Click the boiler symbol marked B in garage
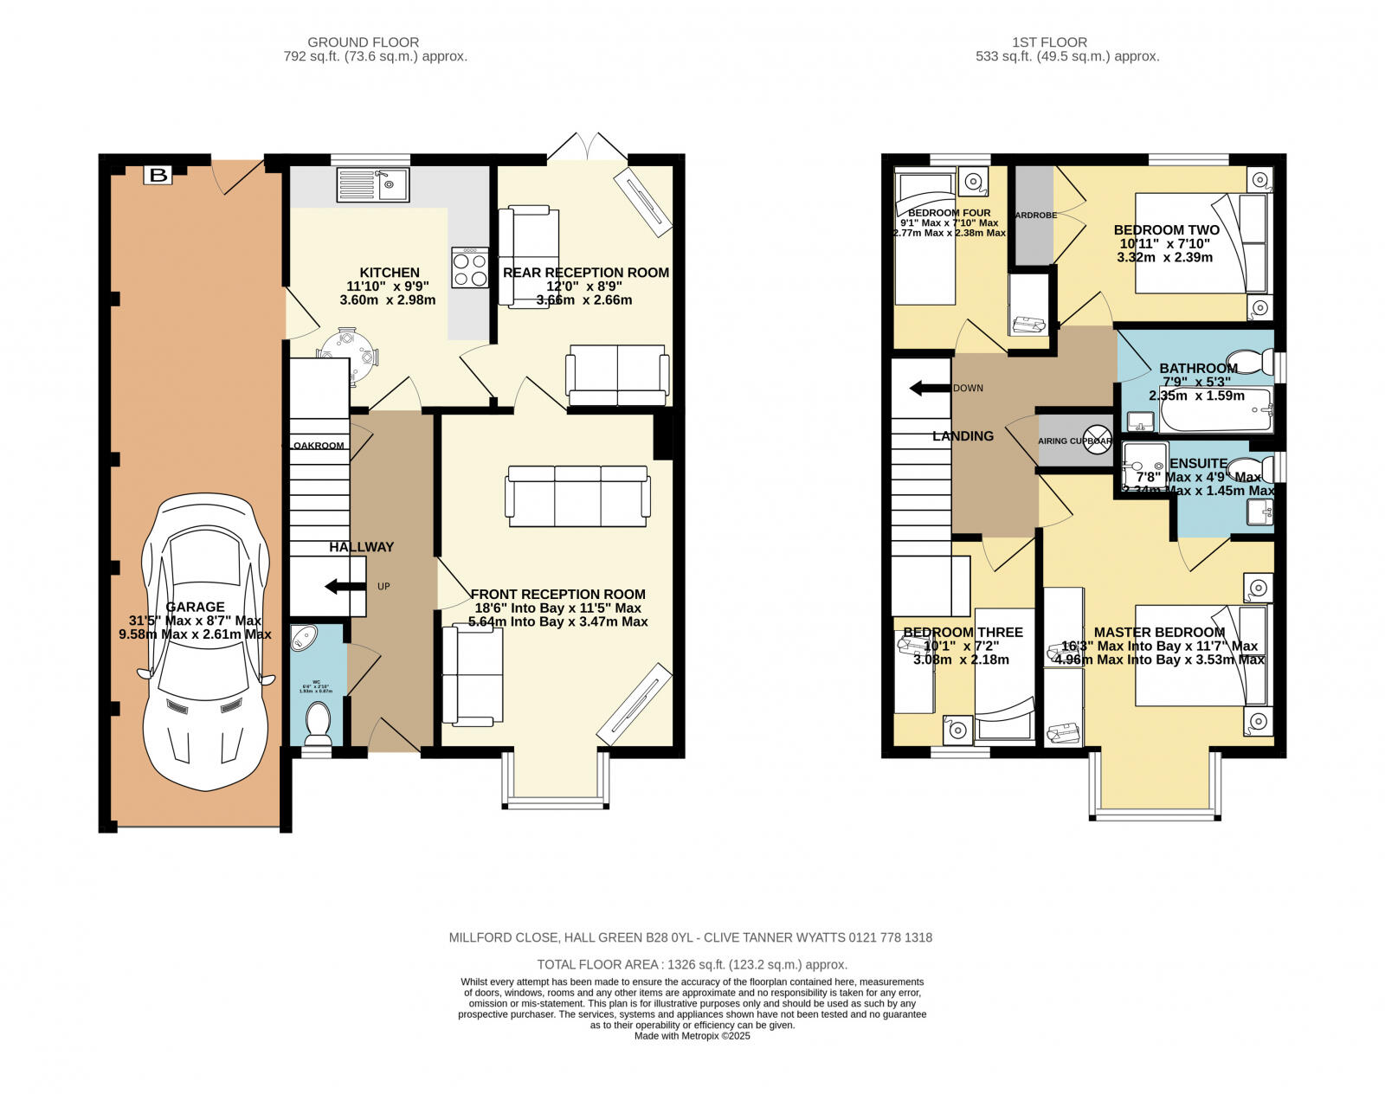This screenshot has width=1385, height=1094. click(158, 176)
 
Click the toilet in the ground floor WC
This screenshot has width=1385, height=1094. click(319, 723)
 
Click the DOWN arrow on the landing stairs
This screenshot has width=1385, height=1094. click(930, 388)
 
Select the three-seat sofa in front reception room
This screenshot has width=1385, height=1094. click(577, 496)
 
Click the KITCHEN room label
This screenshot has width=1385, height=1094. click(390, 272)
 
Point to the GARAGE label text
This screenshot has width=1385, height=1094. click(196, 607)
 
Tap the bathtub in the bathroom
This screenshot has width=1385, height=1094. click(1215, 410)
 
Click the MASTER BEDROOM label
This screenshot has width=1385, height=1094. click(1159, 632)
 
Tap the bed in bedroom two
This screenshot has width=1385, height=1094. click(1201, 242)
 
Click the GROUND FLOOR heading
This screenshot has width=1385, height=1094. click(364, 42)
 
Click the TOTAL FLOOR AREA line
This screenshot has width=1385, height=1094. click(692, 964)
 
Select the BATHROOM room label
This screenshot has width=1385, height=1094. click(1198, 368)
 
